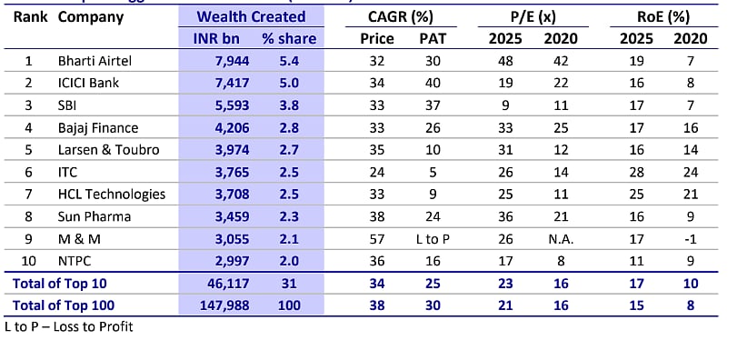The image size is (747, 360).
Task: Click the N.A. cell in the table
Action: tap(560, 239)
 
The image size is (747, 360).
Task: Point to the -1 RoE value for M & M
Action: tap(690, 239)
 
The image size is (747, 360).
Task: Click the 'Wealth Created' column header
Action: tap(251, 16)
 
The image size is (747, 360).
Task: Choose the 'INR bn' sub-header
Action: tap(217, 38)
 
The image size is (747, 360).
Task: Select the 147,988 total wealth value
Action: tap(218, 305)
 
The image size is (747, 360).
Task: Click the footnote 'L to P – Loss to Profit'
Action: tap(69, 326)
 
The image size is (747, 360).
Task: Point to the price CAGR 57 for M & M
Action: tap(377, 239)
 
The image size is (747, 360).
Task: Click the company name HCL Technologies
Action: tap(112, 195)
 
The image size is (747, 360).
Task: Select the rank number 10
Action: tap(28, 261)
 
